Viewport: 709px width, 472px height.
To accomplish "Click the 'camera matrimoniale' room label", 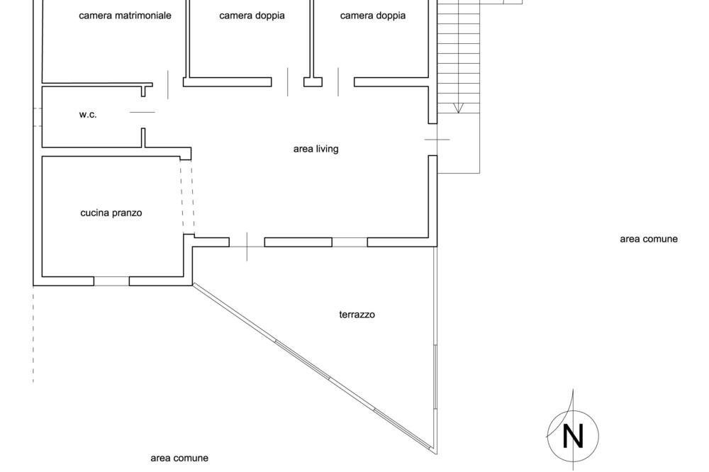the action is tap(125, 16).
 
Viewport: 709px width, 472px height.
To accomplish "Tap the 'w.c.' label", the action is tap(88, 114).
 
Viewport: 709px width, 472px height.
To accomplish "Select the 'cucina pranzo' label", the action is tap(111, 213).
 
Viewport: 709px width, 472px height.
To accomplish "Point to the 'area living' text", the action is tap(316, 149).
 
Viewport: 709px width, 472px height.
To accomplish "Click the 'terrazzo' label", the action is tap(357, 315).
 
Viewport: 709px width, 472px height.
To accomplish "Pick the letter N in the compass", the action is tap(573, 436).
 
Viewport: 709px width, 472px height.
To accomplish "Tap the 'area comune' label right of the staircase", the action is tap(649, 239).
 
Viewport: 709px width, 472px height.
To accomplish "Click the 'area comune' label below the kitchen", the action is tap(179, 458).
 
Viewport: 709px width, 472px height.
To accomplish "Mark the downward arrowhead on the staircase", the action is tap(458, 108).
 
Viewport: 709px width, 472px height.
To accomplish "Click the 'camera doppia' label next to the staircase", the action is tap(373, 16).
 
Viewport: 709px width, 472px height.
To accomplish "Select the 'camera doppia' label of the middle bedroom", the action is tap(252, 16).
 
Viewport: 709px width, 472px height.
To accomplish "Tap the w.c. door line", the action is tap(143, 112).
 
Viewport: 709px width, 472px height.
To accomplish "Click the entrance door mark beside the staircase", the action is tap(437, 139).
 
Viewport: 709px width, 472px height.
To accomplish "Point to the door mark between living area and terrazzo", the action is tap(247, 247).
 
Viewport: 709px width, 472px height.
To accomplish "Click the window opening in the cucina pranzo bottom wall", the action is tap(112, 281).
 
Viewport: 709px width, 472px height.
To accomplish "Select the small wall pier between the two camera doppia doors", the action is tap(313, 82).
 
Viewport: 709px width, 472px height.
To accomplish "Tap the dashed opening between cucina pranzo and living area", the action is tap(187, 197).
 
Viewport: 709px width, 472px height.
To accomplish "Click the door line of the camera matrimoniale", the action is tap(168, 84).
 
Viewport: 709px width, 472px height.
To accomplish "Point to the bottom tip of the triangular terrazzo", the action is tap(436, 454).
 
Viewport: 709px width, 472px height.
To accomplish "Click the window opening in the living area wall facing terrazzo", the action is tap(350, 242).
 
